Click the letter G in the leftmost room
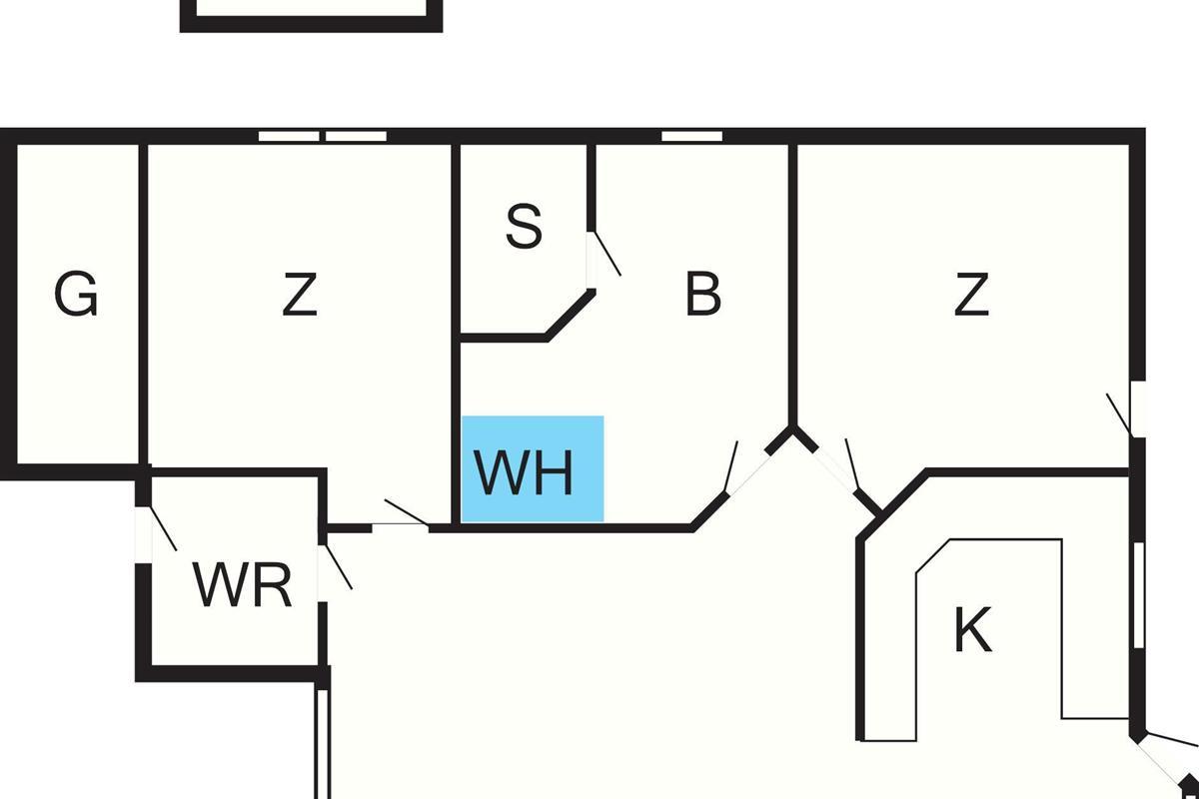tap(76, 295)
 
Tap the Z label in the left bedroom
tap(300, 295)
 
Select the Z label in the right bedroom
tap(971, 295)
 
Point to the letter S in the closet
tap(524, 227)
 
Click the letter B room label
tap(703, 295)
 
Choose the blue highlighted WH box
tap(533, 468)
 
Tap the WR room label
tap(243, 585)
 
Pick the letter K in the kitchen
tap(972, 630)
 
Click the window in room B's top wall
tap(691, 136)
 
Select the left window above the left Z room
tap(289, 136)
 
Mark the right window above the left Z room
tap(357, 136)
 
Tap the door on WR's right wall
tap(323, 572)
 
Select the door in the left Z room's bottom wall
tap(401, 525)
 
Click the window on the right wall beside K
tap(1138, 594)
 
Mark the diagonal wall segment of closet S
tap(571, 315)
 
